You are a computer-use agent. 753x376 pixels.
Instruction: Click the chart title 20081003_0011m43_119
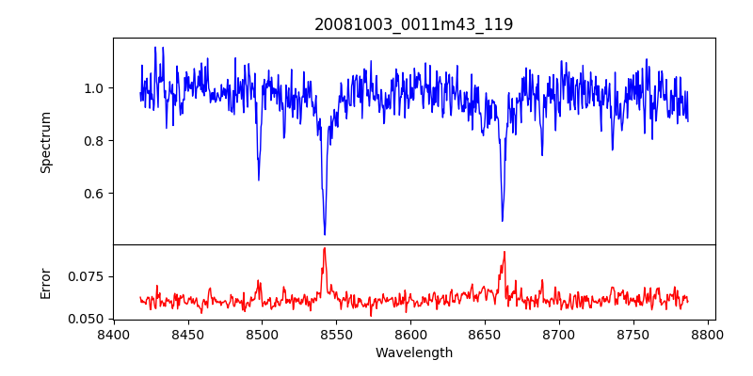pos(414,24)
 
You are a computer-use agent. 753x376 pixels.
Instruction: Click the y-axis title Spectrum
pos(45,142)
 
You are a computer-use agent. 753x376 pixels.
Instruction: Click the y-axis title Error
pos(45,283)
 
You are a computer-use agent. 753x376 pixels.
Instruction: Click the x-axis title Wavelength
pos(414,353)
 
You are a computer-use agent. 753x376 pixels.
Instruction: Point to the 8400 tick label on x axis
pos(113,335)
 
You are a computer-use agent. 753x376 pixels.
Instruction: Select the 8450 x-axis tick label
pos(187,335)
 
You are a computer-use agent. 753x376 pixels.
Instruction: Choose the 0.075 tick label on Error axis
pos(88,276)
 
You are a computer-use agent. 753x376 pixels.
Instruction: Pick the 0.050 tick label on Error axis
pos(88,319)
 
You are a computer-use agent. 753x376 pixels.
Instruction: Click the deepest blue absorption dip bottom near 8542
pos(325,234)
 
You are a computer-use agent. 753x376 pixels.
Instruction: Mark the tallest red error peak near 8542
pos(325,248)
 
